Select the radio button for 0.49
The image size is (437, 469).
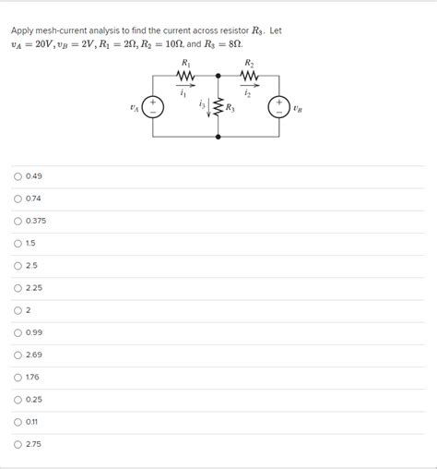(18, 175)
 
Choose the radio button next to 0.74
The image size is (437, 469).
(18, 198)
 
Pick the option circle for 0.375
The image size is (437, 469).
(18, 220)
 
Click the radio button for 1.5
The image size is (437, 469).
(18, 243)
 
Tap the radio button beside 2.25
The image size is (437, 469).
(18, 287)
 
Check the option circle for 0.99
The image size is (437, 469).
(18, 332)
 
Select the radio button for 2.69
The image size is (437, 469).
(18, 355)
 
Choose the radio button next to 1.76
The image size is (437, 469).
(18, 377)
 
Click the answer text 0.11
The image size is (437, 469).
(34, 422)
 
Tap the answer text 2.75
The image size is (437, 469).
(34, 444)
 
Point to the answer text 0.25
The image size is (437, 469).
(34, 399)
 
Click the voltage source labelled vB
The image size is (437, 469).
(278, 107)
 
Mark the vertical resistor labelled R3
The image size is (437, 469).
(218, 108)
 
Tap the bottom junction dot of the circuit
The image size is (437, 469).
(218, 137)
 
